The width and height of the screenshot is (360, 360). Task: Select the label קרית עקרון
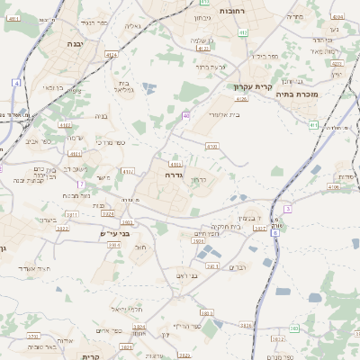pyautogui.click(x=253, y=86)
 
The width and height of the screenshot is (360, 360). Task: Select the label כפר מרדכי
pyautogui.click(x=109, y=144)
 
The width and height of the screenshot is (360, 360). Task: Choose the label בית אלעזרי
pyautogui.click(x=225, y=114)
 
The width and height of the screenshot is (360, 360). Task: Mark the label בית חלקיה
pyautogui.click(x=228, y=227)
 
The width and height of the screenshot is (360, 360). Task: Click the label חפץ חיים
pyautogui.click(x=208, y=234)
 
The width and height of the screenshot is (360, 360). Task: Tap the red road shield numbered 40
pyautogui.click(x=185, y=115)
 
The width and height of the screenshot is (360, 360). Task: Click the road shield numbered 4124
pyautogui.click(x=111, y=56)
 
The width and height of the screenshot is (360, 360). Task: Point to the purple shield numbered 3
pyautogui.click(x=287, y=208)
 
